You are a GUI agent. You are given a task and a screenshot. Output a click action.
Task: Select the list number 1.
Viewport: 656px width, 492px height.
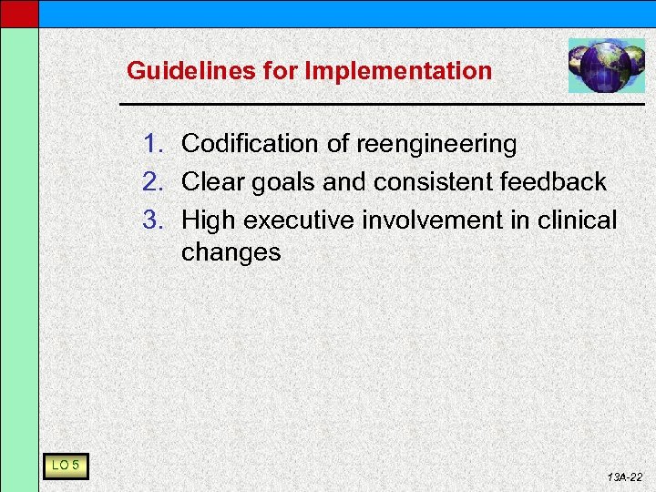153,144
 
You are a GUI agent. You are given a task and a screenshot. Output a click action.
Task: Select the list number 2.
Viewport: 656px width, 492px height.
153,182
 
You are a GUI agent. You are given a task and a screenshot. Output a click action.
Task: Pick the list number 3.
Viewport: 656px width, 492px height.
153,220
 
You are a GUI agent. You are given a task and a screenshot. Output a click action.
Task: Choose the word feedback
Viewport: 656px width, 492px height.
553,182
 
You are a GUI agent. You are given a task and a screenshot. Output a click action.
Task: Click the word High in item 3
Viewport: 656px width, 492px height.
209,220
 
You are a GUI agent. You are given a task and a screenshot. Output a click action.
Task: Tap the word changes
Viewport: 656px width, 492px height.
231,252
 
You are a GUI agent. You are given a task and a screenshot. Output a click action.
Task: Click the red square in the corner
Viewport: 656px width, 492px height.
18,13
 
